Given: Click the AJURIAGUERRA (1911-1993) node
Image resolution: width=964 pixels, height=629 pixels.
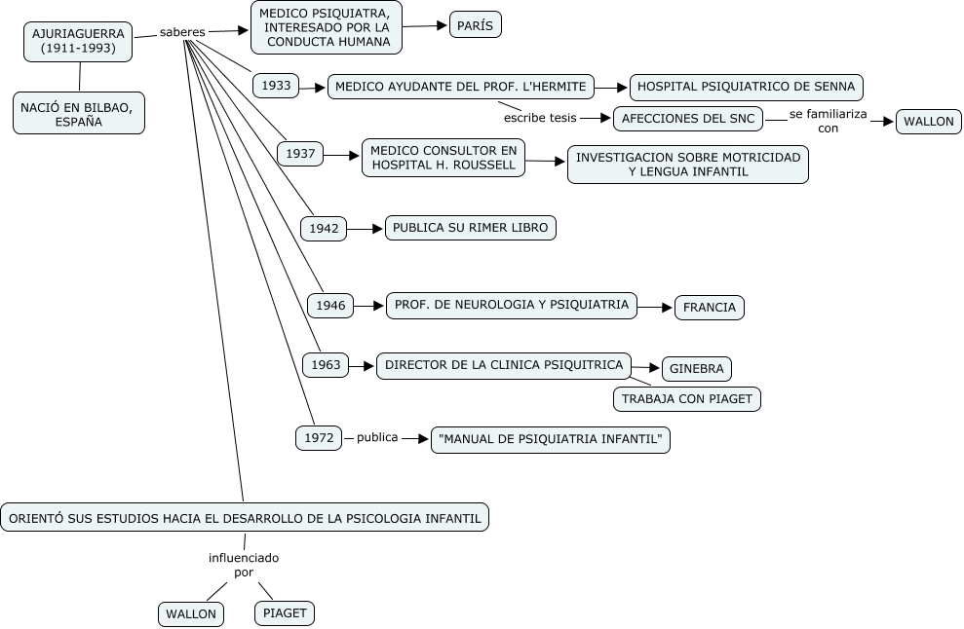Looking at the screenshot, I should pos(78,41).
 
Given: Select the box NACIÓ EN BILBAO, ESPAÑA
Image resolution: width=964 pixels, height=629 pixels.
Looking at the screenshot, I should pos(79,113).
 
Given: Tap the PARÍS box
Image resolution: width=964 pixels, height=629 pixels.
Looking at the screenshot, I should pos(476,25).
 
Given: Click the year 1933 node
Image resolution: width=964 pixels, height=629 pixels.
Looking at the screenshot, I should pos(276,86).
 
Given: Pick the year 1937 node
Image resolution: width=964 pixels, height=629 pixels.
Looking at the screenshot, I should pos(300,154).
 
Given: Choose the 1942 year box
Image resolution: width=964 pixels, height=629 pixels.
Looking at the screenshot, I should pos(324,229).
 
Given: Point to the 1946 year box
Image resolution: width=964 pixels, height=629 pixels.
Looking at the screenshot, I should pos(330,306).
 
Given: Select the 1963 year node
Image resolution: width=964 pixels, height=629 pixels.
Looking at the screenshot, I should pos(327,366).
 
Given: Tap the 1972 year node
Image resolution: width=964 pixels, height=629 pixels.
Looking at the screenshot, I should pos(319,438).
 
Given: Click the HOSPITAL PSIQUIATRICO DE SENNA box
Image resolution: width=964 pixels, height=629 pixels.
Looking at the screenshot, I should pos(746,87).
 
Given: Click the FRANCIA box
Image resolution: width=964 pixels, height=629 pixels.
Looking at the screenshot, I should pos(710,308).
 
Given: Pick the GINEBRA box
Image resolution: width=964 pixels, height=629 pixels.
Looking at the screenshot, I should pos(697,369).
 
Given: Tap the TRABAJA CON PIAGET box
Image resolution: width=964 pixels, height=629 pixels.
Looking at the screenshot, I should pos(687,399).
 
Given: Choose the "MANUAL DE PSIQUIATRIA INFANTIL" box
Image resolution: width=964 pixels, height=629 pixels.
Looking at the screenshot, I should pos(551,440).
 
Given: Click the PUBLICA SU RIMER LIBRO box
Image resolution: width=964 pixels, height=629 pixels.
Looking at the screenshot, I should pos(471,228).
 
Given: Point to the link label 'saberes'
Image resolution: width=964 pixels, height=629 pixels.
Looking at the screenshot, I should pos(182,32).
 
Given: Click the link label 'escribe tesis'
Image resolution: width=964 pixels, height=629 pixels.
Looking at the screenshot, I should pos(540,118).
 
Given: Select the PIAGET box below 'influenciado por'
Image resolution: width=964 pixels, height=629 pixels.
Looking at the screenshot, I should pos(285,613).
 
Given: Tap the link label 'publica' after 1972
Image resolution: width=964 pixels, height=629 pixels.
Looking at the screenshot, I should pos(377,438).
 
